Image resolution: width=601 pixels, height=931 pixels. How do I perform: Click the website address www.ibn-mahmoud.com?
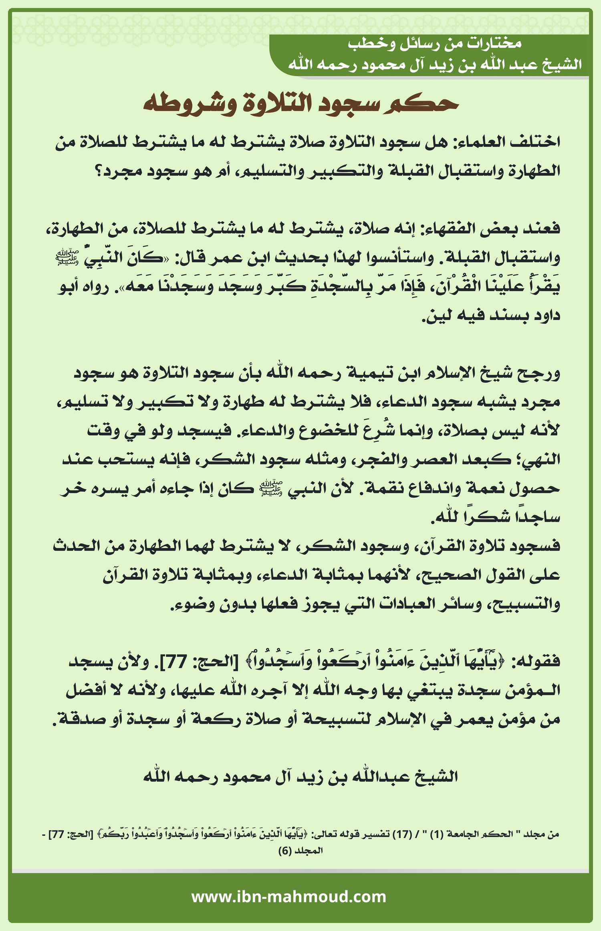288,897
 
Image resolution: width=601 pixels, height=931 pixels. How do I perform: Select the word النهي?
540,459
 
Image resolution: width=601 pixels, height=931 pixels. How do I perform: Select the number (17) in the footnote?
402,834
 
